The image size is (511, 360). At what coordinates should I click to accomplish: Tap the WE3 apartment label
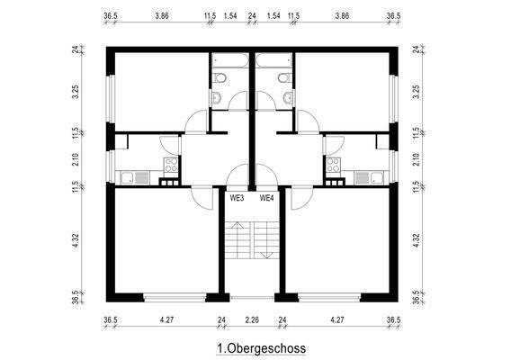pos(238,198)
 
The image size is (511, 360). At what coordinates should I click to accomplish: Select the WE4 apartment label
pos(267,198)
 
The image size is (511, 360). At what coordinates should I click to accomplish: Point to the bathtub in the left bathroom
pos(225,61)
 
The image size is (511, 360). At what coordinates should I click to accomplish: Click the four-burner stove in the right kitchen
pos(334,164)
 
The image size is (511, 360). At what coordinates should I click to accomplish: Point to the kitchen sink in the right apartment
pos(363,176)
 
